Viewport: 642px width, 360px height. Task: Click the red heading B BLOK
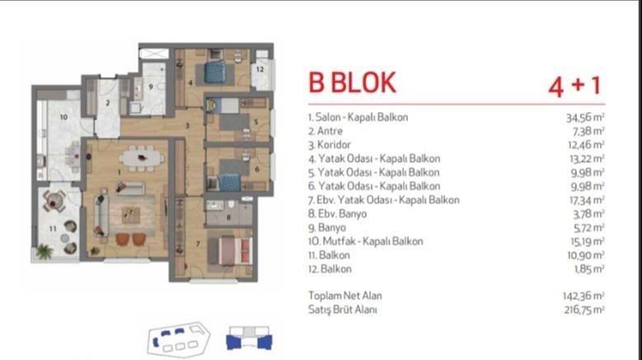(x=352, y=83)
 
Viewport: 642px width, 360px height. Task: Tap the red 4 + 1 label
(x=574, y=86)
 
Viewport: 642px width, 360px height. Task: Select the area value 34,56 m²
(x=585, y=118)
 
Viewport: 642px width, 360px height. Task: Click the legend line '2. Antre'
(x=326, y=131)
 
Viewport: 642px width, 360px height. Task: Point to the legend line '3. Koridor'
(x=330, y=145)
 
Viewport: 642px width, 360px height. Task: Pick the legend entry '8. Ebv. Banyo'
(x=337, y=214)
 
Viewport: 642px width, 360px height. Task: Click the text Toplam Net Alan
(x=344, y=296)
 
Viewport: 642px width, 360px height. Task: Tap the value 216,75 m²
(x=584, y=310)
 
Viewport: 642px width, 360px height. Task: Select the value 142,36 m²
(x=583, y=296)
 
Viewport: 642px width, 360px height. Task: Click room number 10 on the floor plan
(x=63, y=117)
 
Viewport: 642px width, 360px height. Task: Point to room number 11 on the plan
(x=53, y=229)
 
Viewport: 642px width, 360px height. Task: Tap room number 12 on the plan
(x=260, y=69)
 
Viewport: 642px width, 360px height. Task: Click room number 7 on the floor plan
(x=198, y=244)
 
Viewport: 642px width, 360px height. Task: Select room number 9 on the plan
(x=151, y=86)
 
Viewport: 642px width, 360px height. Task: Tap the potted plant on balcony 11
(x=44, y=251)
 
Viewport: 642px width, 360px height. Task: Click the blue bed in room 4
(x=215, y=72)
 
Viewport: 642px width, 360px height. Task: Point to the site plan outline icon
(x=179, y=339)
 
